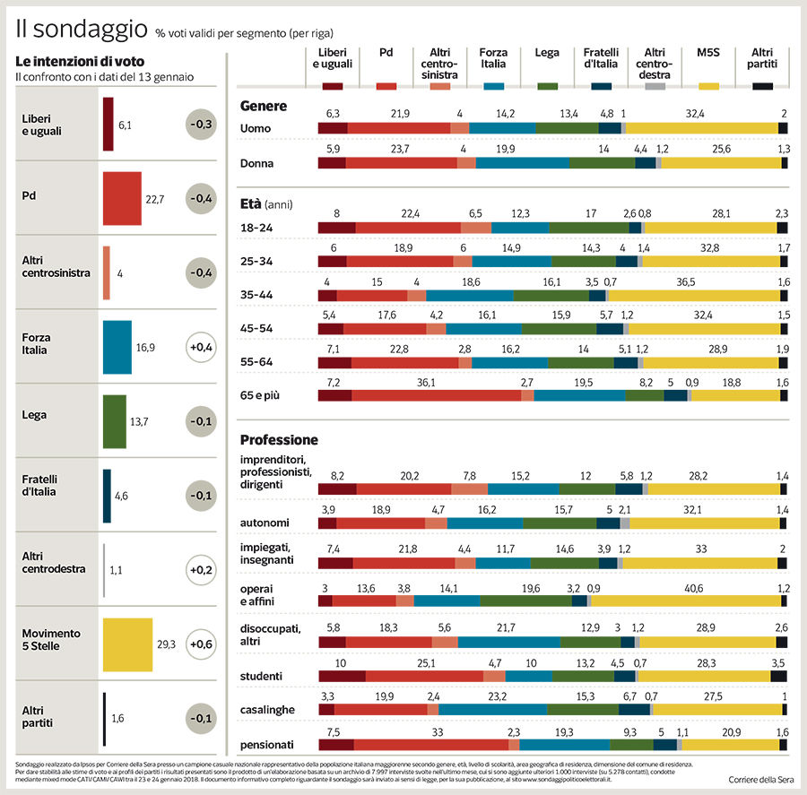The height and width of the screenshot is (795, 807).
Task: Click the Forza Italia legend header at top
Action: pos(492,58)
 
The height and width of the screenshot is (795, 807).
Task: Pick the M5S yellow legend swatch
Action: pos(708,86)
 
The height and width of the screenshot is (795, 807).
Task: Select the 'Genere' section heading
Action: pos(264,106)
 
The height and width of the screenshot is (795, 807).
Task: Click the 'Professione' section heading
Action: pos(279,440)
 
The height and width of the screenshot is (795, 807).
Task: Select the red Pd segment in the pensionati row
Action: pos(430,744)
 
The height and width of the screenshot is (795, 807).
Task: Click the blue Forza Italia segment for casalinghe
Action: pos(492,709)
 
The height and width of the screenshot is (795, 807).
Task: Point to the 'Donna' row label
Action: pos(257,164)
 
